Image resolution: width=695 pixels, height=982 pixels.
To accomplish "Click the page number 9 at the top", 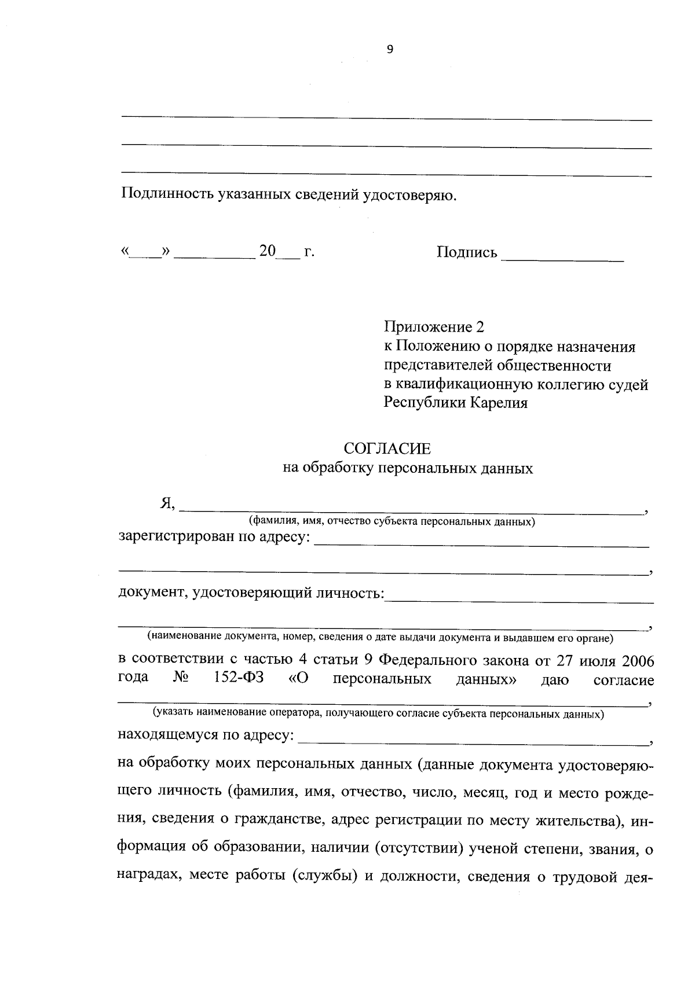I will click(x=389, y=50).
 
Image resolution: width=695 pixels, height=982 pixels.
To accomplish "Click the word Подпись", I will click(x=467, y=252).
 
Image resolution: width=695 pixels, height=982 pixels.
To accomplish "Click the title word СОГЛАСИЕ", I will click(x=387, y=448).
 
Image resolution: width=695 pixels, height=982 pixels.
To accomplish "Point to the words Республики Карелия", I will click(x=456, y=403).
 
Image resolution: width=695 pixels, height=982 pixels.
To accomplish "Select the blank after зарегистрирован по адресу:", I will click(x=481, y=540).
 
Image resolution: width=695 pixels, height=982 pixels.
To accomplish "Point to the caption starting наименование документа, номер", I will click(x=380, y=638).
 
